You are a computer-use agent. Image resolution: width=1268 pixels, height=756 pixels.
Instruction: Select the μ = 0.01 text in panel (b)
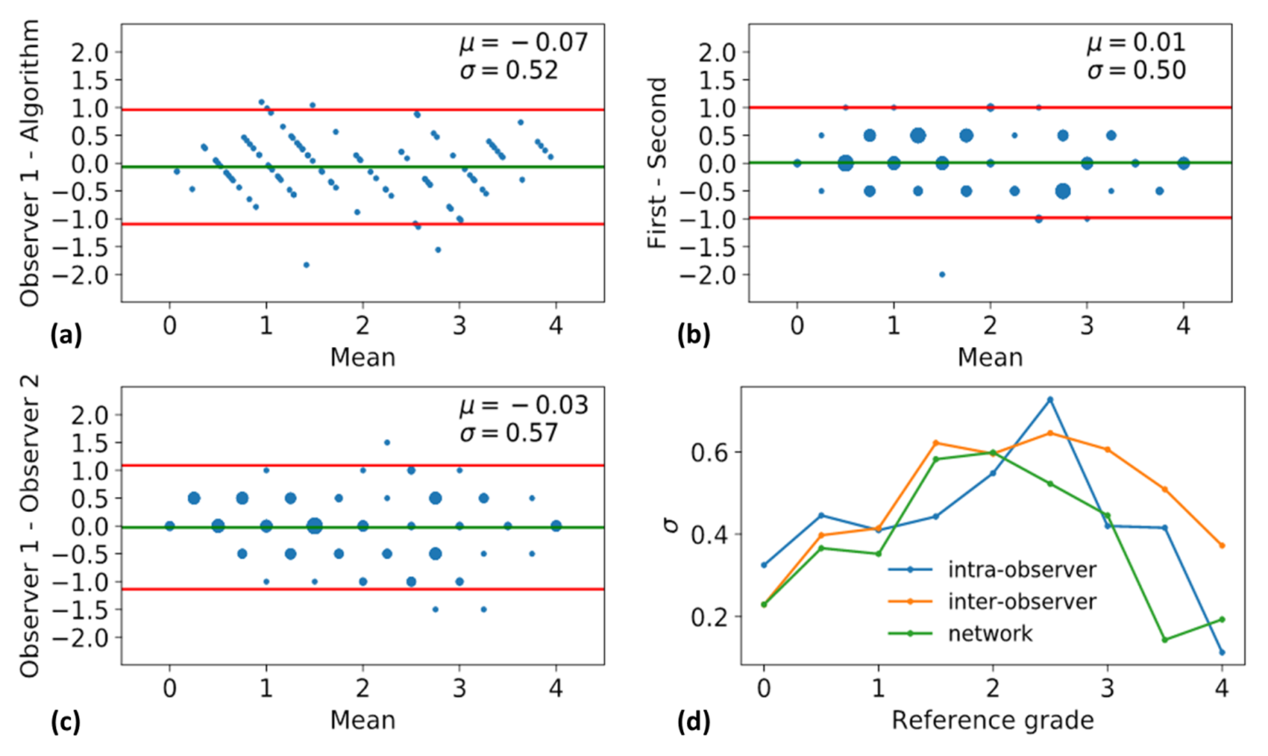(1136, 42)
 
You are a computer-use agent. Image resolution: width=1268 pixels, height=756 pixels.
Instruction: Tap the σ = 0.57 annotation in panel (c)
(509, 433)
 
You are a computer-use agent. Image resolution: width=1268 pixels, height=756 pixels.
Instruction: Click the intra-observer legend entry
(1022, 569)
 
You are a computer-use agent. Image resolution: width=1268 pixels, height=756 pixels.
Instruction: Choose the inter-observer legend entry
(1022, 602)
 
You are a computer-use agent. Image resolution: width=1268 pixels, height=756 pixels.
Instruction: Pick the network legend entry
(990, 634)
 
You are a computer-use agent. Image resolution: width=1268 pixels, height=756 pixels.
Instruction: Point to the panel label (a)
(66, 335)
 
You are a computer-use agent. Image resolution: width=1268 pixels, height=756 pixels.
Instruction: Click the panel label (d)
(694, 722)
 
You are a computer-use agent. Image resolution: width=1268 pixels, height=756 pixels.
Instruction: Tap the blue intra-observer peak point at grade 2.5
(1050, 400)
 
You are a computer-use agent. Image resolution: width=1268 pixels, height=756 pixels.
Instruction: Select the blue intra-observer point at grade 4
(1222, 652)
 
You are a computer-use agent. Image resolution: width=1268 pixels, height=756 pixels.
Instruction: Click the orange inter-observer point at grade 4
(1222, 546)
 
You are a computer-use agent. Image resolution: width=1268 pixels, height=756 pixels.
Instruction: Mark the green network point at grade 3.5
(1164, 640)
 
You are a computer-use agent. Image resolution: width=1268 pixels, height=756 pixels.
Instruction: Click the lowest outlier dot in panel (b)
(942, 275)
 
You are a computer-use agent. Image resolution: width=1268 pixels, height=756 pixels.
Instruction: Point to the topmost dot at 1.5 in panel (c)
(387, 443)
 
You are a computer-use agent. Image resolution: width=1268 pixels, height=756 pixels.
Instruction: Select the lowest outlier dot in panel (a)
(306, 265)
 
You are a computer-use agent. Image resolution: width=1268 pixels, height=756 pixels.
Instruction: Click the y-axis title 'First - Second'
(657, 163)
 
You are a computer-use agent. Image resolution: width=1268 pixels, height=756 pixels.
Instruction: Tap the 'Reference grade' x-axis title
(992, 721)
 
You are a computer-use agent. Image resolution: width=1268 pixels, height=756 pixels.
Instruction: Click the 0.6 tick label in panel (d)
(709, 453)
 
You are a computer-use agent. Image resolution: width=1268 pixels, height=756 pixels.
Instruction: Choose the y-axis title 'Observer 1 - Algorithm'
(30, 163)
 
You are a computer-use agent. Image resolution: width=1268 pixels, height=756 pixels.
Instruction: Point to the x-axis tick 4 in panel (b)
(1183, 326)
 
